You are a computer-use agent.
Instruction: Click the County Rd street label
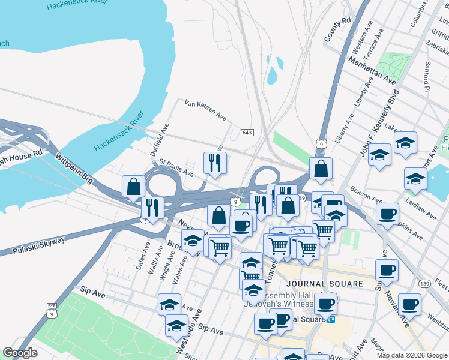coord(337,29)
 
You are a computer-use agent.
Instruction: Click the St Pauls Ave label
coord(176,169)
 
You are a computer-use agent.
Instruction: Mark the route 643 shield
coord(247,132)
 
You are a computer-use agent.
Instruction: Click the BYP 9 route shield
coord(52,310)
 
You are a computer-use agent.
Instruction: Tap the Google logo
coord(20,353)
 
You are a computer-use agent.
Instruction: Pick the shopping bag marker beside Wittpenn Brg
coord(133,187)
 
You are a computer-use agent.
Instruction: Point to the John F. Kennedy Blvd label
coord(379,123)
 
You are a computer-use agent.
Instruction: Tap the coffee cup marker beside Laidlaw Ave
coord(388,214)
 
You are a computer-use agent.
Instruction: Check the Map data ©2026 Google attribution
coord(411,355)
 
